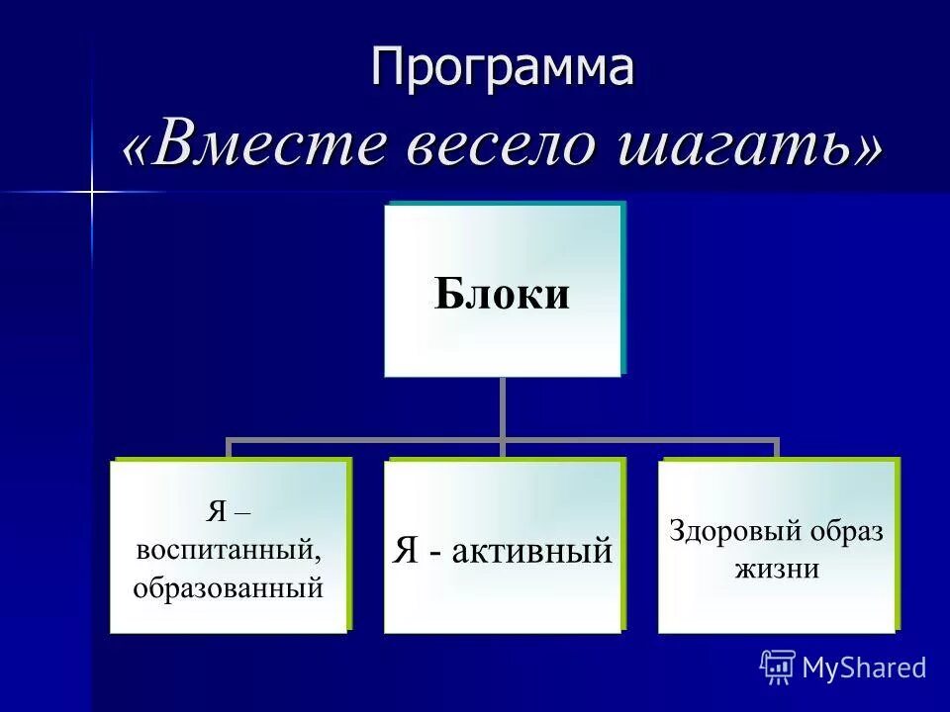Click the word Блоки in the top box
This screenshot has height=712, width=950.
[x=502, y=295]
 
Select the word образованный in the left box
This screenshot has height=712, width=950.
[x=229, y=587]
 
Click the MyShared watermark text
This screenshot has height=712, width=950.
[x=864, y=668]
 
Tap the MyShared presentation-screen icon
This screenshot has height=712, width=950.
[x=778, y=667]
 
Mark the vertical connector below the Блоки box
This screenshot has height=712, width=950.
[x=502, y=407]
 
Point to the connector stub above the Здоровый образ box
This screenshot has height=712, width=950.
[x=777, y=449]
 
